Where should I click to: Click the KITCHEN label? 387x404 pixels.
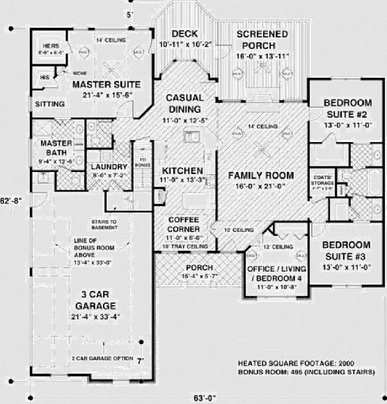coord(182,171)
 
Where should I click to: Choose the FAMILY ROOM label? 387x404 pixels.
coord(261,175)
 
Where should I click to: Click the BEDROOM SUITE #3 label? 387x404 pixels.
coord(346,250)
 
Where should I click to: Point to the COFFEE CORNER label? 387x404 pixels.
coord(184,224)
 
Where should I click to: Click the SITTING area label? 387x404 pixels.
coord(49,104)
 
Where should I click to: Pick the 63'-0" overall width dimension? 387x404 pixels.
coord(204,398)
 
